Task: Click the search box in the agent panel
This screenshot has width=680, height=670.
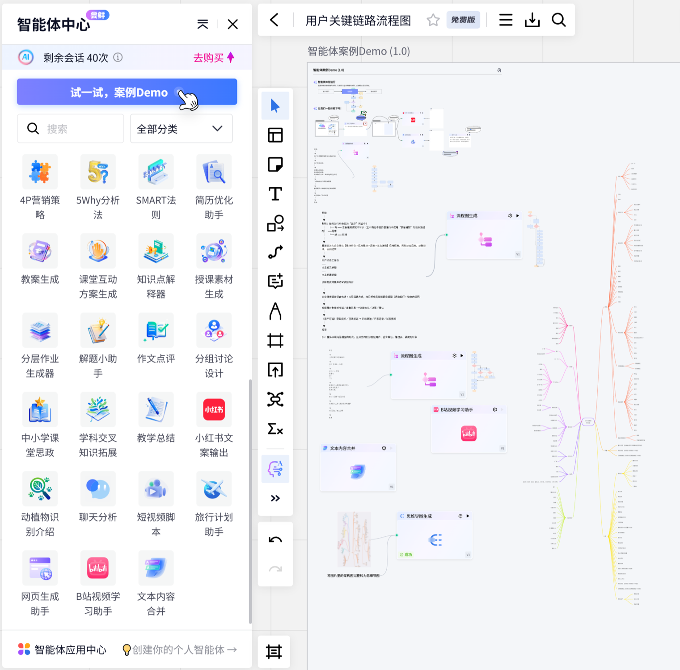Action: [x=70, y=129]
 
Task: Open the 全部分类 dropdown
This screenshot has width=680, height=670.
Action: [x=181, y=129]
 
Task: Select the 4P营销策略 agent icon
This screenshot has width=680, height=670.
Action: [x=40, y=172]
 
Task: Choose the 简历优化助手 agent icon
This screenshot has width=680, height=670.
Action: [x=214, y=172]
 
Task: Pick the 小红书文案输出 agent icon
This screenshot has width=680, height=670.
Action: [x=214, y=409]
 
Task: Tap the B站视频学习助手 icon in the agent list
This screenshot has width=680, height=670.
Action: [x=98, y=568]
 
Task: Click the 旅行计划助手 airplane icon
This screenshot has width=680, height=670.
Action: [x=214, y=489]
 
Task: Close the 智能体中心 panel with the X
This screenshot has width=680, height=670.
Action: [x=232, y=24]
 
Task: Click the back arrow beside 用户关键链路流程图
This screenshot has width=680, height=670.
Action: [x=275, y=20]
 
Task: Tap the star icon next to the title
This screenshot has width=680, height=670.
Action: [x=433, y=20]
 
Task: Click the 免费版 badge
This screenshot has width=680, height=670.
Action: [x=463, y=20]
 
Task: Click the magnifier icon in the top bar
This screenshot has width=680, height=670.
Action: [x=558, y=20]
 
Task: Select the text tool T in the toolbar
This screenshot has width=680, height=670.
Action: [x=275, y=194]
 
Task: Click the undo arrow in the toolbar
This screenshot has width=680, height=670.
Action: [x=275, y=539]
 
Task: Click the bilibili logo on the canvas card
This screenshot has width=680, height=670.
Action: [x=469, y=434]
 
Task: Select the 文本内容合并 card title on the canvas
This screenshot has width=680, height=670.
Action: [x=342, y=448]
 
